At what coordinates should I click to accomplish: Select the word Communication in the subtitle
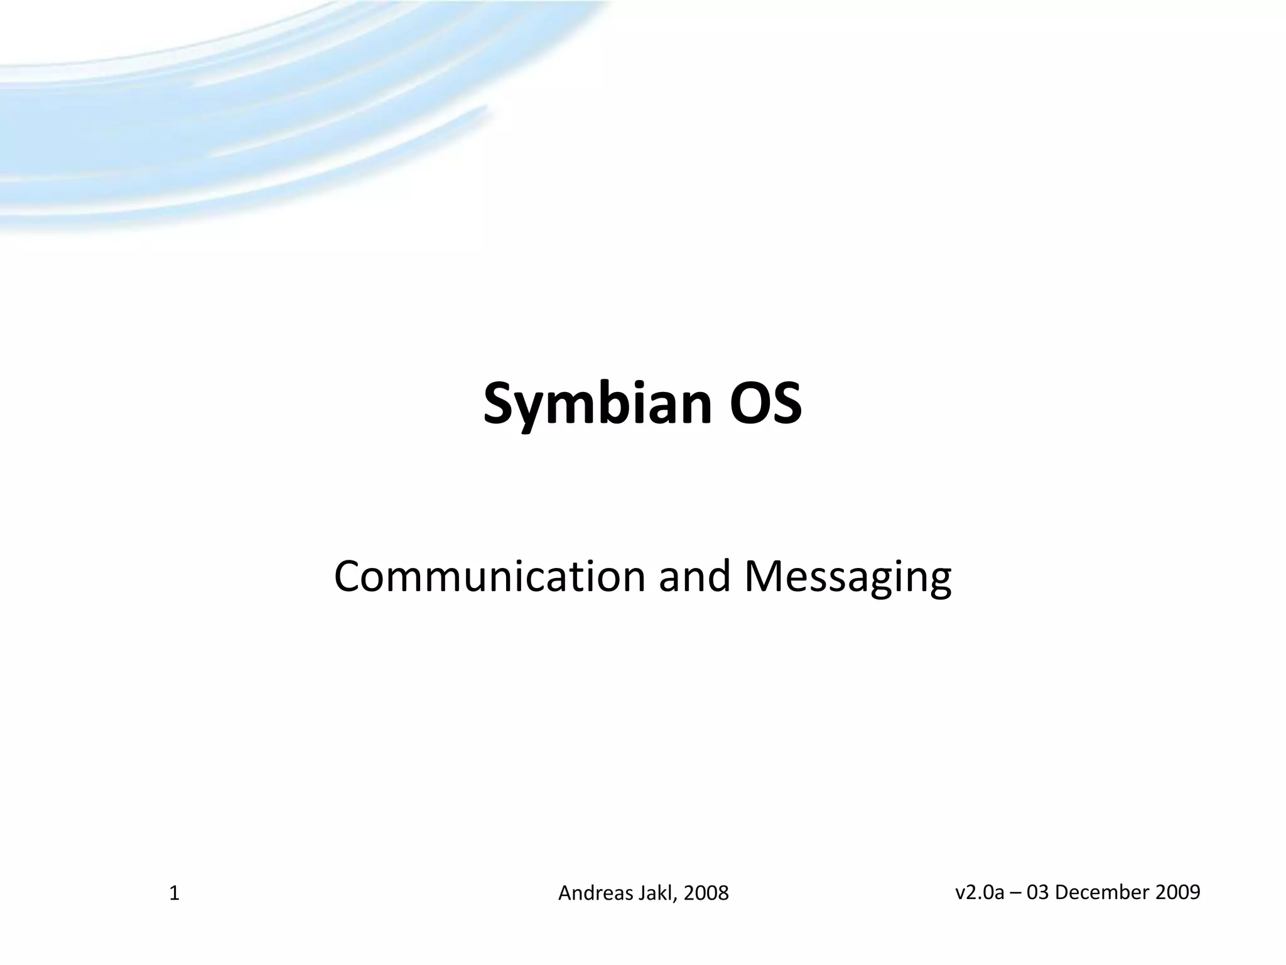coord(490,576)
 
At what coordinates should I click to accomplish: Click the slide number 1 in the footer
coord(175,893)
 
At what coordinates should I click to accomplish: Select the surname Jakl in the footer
coord(657,893)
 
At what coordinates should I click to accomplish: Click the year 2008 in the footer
coord(706,893)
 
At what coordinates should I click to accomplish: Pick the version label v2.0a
coord(980,892)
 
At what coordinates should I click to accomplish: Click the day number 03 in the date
coord(1037,892)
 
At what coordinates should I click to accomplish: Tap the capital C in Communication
coord(349,576)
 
